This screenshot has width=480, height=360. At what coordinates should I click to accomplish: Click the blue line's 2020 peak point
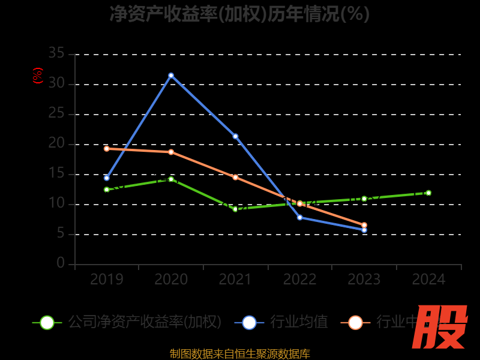pos(171,76)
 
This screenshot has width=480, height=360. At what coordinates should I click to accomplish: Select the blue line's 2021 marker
pos(235,136)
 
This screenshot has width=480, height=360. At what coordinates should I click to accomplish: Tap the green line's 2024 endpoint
pos(428,193)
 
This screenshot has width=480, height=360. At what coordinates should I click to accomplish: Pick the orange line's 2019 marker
pos(107,148)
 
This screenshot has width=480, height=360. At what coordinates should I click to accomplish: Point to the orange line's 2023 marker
pos(364,225)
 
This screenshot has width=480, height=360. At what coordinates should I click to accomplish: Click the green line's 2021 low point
pos(235,209)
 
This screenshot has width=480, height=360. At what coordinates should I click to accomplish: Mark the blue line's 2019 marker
pos(107,178)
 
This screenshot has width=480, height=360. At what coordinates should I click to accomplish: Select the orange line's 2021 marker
pos(235,177)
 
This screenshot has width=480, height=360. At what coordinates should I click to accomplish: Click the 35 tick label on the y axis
pos(56,54)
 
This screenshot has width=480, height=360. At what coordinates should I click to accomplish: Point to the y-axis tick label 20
pos(56,144)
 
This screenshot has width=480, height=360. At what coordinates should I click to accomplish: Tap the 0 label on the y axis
pos(61,263)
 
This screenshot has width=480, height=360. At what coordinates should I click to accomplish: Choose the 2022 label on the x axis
pos(300,280)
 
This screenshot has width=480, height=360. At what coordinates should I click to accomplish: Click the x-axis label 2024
pos(428,280)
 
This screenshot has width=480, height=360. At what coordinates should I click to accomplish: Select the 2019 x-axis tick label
pos(107,280)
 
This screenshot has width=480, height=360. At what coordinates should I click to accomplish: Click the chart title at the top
pos(240,14)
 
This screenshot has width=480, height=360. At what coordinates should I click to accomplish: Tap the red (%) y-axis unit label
pos(38,76)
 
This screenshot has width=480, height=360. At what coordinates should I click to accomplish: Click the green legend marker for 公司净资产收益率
pos(47,322)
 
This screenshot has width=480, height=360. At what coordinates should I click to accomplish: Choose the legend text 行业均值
pos(299,322)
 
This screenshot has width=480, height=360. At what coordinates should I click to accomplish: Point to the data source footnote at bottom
pos(240,354)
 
